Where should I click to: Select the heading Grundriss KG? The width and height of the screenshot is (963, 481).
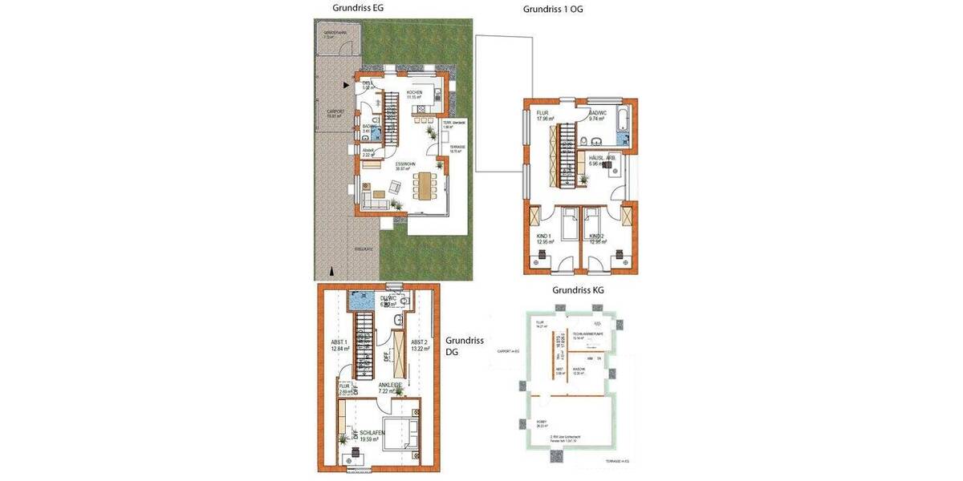tap(579, 290)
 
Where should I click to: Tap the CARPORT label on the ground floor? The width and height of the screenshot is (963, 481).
tap(335, 113)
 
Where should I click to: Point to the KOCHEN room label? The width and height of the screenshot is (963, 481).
tap(414, 94)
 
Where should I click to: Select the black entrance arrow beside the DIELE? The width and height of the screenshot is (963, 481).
tap(346, 83)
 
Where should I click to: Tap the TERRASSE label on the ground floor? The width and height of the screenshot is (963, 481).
tap(457, 148)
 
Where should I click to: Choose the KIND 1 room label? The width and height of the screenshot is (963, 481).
tap(547, 237)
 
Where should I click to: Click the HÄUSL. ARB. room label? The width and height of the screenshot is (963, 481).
tap(601, 160)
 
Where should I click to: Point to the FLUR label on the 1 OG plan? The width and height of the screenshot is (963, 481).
tap(542, 115)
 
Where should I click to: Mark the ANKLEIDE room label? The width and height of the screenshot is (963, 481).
tap(390, 386)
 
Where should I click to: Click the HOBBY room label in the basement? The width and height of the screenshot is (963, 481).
tap(542, 422)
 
